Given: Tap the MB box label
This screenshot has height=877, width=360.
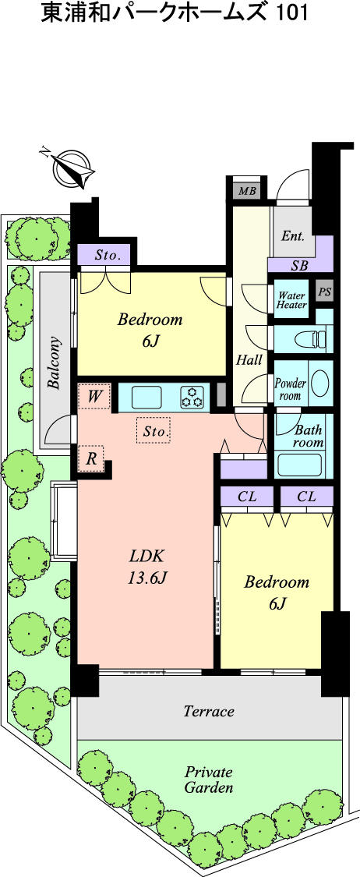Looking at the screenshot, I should (247, 191).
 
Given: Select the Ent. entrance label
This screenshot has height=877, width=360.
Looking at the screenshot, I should (293, 235).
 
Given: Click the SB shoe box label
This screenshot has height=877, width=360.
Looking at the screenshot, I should (299, 266).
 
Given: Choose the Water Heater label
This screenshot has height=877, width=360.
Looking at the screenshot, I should (291, 300).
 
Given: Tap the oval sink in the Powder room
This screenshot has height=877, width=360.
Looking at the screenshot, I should (319, 384).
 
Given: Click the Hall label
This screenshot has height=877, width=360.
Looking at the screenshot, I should (249, 360).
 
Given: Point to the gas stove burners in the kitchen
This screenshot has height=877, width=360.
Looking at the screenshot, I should (192, 397).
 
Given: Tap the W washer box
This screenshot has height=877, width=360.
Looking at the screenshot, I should (94, 397).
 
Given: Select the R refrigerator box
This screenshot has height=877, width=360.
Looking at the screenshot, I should (91, 458).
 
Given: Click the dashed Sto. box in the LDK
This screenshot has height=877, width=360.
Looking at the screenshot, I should (153, 430).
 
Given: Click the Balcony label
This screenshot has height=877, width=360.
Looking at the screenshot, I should (54, 362).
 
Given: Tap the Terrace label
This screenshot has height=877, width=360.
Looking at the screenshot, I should (208, 711).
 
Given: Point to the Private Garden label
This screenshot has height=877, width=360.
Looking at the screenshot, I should (208, 780).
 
